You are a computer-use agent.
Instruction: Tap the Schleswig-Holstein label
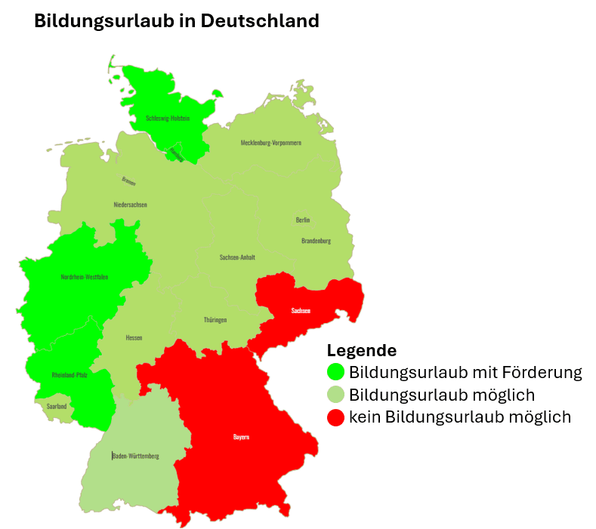168,118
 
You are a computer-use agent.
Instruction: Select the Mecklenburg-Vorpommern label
270,143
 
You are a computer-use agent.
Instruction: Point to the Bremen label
129,181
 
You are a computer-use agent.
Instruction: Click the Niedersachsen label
130,205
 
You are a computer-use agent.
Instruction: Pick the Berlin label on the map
302,220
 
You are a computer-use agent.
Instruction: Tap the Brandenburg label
316,241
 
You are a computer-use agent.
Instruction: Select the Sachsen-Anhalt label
237,257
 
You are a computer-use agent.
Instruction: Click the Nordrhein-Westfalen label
85,277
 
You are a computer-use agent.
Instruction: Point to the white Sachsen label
301,310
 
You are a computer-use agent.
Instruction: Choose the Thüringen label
215,320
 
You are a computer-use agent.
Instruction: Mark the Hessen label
134,337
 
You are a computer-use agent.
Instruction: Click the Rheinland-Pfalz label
69,375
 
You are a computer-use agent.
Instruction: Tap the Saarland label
57,406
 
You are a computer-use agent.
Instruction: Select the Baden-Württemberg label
135,456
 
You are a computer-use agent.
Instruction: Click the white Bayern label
241,437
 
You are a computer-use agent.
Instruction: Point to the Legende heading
361,351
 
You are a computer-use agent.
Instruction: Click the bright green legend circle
335,372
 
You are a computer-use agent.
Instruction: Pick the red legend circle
335,417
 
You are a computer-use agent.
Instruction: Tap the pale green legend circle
335,395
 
